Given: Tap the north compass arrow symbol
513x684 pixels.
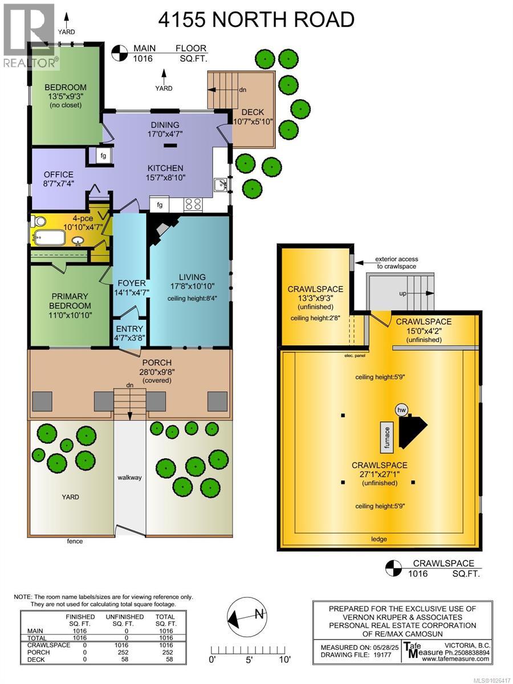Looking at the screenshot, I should tap(246, 614).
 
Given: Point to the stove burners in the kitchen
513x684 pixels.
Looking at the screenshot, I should tap(193, 204).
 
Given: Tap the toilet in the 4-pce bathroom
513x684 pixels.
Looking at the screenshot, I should tap(37, 221).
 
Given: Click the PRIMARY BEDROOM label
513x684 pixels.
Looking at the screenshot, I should tap(70, 301).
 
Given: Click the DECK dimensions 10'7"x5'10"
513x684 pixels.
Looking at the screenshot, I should tap(254, 121).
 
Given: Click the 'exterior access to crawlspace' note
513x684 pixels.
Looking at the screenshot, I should tap(388, 262).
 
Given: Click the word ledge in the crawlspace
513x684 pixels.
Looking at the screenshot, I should tap(378, 539).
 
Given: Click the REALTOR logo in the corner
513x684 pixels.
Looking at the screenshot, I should tap(30, 35).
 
